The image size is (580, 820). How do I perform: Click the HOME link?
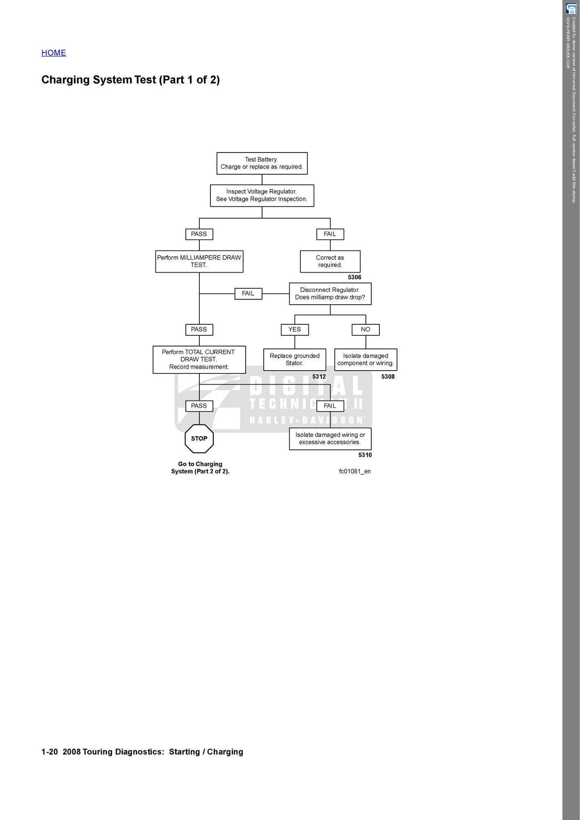pos(54,53)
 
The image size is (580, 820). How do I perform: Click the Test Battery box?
pos(262,163)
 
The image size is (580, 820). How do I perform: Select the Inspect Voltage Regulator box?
pos(262,196)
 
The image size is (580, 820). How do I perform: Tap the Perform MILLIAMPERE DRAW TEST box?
pos(199,262)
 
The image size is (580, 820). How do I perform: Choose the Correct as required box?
pos(330,262)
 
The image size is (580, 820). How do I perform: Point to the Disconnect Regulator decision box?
pos(330,294)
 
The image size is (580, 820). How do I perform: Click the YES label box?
pos(295,330)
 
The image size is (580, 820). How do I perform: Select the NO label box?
pos(365,330)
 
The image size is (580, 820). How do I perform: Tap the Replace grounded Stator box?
pos(295,360)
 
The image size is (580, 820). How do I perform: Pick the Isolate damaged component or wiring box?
pos(365,360)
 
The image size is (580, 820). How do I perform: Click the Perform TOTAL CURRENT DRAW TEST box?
pos(199,360)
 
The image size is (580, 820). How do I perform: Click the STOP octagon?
pos(199,439)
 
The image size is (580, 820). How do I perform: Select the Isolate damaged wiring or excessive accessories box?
pos(330,439)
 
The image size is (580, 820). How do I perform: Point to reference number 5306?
pos(354,278)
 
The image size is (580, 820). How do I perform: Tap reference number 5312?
pos(319,377)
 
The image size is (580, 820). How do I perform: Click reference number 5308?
pos(388,377)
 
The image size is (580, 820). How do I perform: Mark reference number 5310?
pos(365,455)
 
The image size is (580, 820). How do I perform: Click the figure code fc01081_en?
pos(355,471)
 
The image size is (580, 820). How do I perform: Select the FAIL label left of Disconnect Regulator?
pos(248,294)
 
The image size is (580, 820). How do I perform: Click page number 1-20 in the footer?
pos(50,752)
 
